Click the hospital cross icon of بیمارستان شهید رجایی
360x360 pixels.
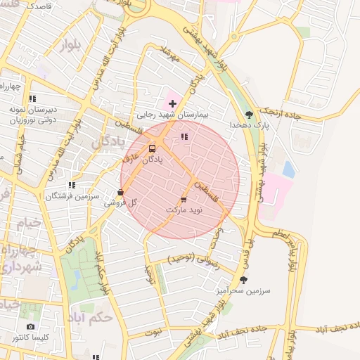click(172, 103)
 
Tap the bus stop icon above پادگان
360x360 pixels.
click(153, 148)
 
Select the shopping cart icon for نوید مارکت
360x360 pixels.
click(184, 200)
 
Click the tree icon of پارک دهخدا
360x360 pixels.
click(248, 114)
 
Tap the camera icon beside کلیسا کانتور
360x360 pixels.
click(30, 326)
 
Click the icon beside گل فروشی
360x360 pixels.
click(121, 191)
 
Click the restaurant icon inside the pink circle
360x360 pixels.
click(184, 137)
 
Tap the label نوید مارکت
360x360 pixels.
click(184, 210)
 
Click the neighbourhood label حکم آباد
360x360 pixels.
click(91, 317)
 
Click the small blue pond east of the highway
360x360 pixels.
click(288, 169)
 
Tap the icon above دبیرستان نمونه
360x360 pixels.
click(32, 98)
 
